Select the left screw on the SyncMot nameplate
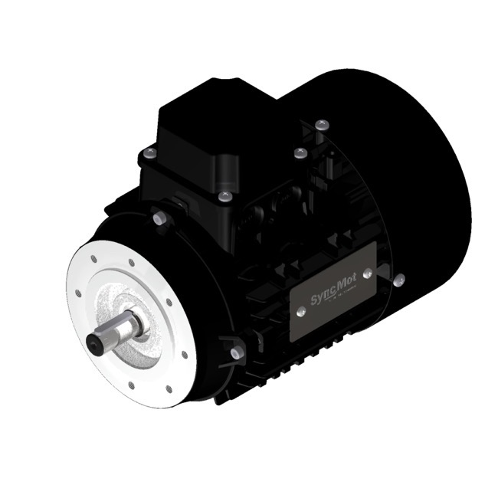[x=302, y=310]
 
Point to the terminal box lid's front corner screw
[x=223, y=196]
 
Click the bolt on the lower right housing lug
[x=234, y=352]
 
